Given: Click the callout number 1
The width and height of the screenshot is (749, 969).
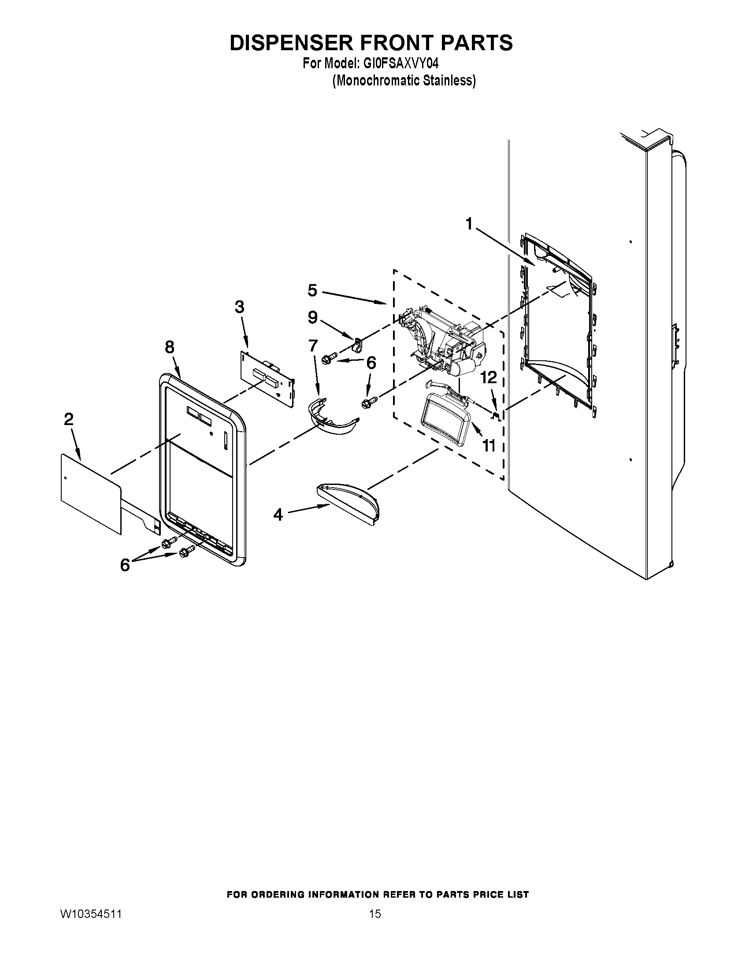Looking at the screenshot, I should [469, 224].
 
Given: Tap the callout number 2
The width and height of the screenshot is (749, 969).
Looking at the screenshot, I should [69, 419].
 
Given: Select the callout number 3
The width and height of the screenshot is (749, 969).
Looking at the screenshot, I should [239, 307].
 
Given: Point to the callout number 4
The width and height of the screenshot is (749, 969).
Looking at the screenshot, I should [278, 514].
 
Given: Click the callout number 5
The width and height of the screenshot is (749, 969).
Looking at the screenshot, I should [312, 291].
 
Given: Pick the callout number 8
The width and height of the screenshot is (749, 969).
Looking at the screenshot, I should [170, 347].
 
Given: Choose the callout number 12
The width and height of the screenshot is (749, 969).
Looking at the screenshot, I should [489, 377].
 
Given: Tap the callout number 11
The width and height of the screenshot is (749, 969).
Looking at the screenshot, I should [489, 444].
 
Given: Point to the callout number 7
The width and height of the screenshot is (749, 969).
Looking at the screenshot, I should [313, 345].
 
